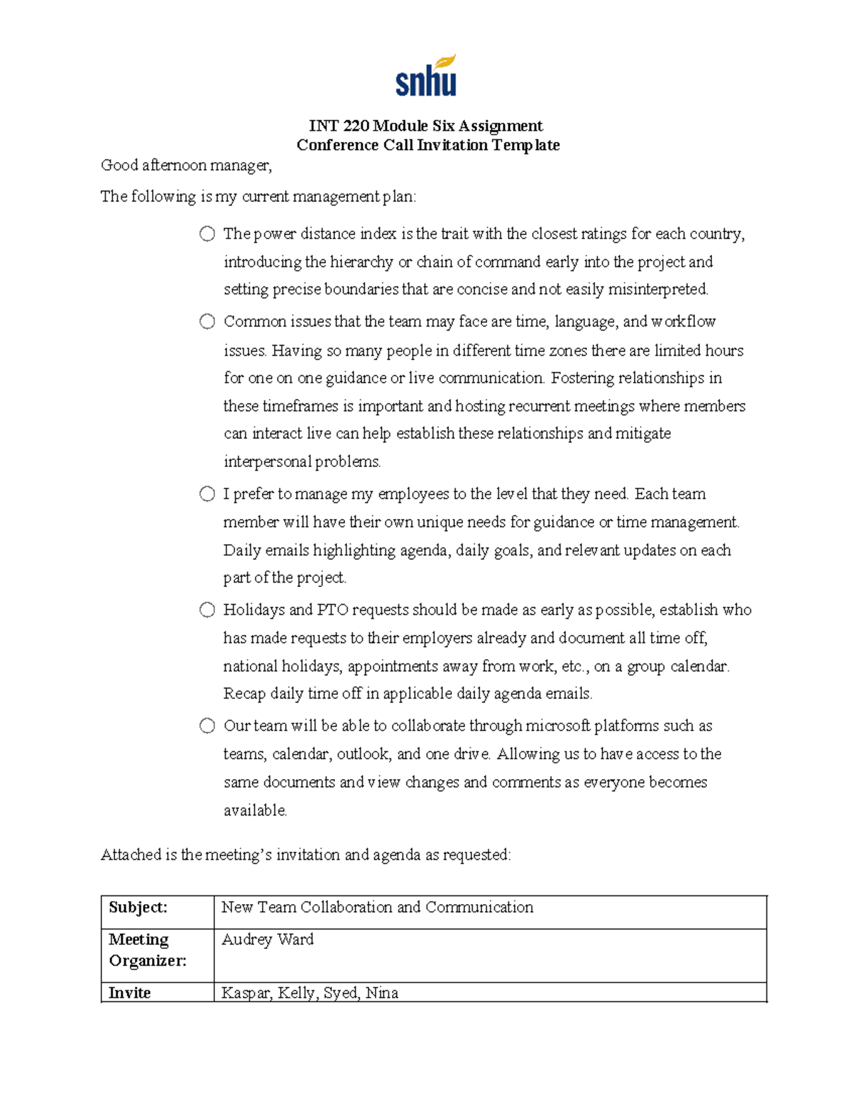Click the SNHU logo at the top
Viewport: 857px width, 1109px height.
426,76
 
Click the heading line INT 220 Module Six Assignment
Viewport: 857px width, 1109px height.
426,126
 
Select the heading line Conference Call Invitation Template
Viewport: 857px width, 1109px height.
428,145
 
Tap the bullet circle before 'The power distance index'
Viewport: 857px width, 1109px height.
207,234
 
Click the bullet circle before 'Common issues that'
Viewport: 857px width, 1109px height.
207,321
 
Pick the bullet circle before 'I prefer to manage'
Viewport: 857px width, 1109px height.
207,493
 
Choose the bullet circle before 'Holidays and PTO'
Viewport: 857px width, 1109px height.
207,609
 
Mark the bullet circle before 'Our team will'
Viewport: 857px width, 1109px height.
207,726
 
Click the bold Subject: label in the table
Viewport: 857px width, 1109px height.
138,907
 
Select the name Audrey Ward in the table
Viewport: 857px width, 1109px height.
267,939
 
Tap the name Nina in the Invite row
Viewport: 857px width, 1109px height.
382,993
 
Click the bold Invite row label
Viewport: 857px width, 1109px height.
129,993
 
